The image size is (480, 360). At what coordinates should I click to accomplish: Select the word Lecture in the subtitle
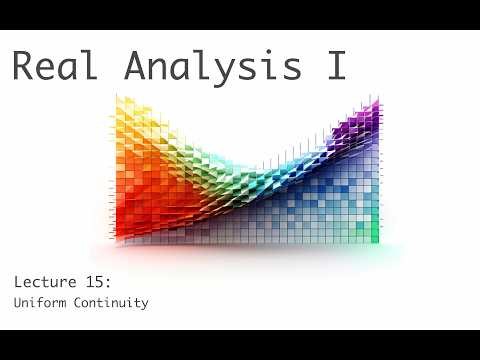48,281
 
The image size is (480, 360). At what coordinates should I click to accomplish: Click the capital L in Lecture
19,281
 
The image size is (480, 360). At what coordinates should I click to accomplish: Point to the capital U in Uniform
17,302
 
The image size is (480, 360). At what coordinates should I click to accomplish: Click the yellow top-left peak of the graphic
125,110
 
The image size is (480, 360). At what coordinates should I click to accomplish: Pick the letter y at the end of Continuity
145,304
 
